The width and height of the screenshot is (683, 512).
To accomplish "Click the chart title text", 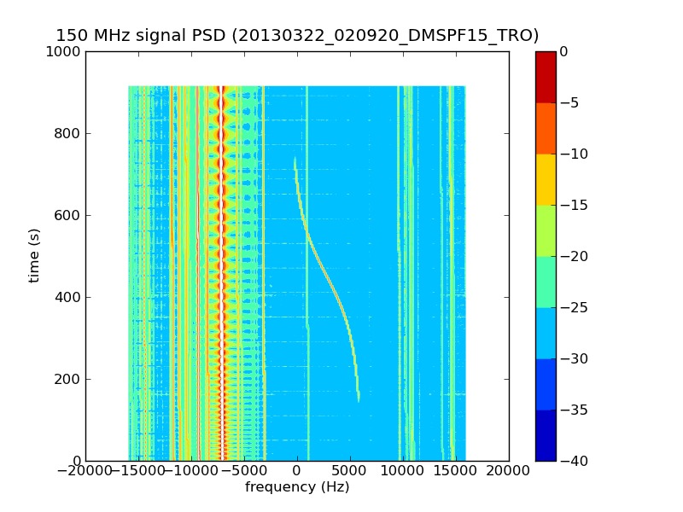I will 297,36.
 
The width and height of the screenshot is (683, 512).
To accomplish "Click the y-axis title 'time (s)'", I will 34,255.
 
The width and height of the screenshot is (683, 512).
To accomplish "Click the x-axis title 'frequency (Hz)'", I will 297,487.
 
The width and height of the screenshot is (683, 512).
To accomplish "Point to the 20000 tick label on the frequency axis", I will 509,470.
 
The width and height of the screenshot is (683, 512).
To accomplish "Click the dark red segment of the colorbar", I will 546,77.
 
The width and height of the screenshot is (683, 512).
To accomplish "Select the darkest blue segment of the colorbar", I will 546,435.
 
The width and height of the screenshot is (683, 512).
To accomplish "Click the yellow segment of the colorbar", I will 546,179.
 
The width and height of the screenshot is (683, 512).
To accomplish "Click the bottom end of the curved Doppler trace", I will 359,400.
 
